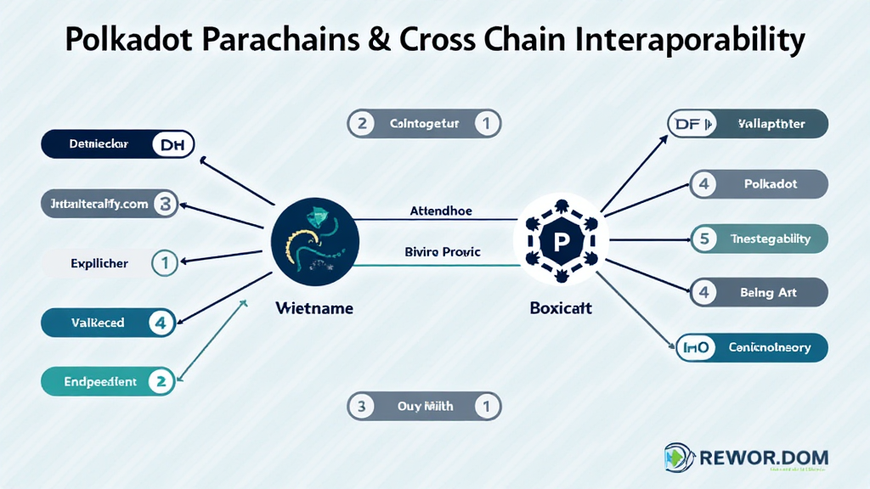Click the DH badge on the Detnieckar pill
click(x=172, y=144)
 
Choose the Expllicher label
click(x=99, y=263)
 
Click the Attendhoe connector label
click(x=441, y=211)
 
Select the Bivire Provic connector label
click(x=443, y=251)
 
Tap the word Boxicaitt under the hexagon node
click(x=560, y=309)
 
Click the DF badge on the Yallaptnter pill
click(x=686, y=124)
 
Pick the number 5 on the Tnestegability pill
click(x=703, y=239)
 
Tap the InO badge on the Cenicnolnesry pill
click(x=693, y=347)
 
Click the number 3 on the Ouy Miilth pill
click(x=361, y=407)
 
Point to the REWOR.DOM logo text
click(x=762, y=458)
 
